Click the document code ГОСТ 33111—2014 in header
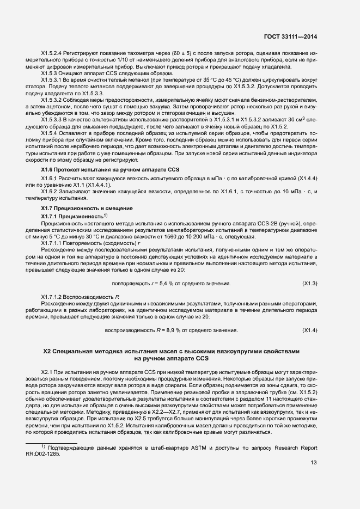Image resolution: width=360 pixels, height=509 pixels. click(291, 36)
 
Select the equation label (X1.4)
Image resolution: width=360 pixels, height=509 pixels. click(309, 330)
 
